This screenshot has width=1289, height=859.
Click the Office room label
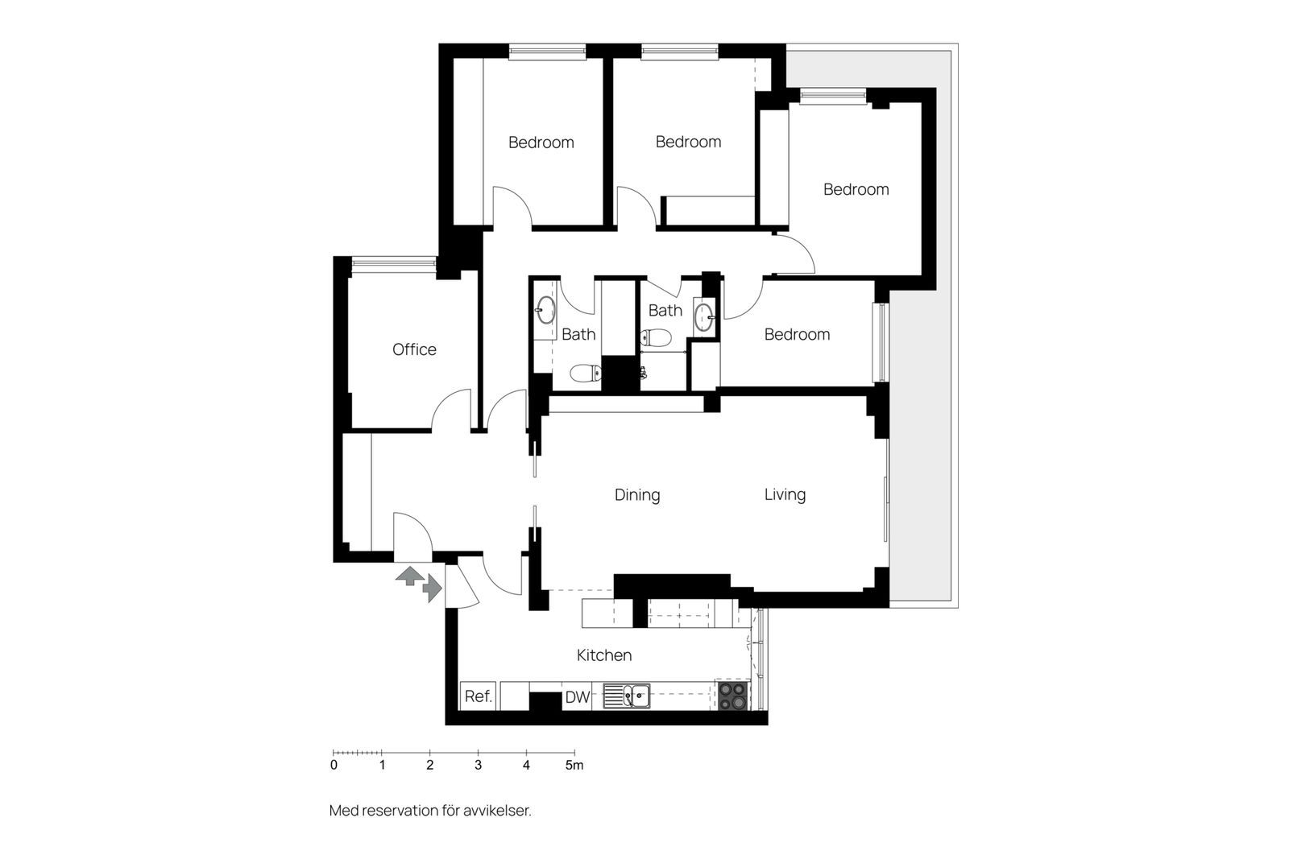coord(414,349)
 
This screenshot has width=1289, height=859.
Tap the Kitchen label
coord(604,655)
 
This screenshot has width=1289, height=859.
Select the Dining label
coord(637,495)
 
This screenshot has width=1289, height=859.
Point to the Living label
coord(785,494)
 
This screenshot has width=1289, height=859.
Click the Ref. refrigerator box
coord(479,696)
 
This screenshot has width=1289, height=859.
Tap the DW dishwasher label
coord(577,697)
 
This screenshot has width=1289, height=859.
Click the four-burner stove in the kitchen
coord(733,696)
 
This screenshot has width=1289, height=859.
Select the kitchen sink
coord(627,696)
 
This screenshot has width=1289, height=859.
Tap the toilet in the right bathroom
coord(656,337)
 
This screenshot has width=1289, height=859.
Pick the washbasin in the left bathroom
coord(545,311)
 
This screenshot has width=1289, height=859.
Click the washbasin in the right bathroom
coord(704,316)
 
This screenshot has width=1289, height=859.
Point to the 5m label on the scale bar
coord(574,766)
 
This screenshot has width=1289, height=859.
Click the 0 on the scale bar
coord(334,766)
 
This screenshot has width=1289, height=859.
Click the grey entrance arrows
coord(419,583)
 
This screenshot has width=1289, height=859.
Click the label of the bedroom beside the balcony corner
coord(856,189)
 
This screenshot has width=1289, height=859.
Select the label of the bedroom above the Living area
coord(797,334)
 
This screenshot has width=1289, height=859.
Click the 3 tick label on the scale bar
coord(479,766)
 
